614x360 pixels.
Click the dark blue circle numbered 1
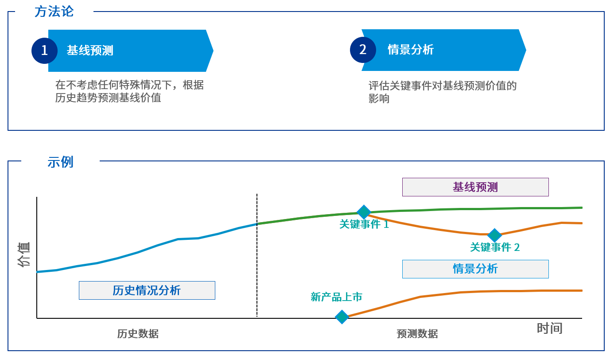click(x=44, y=51)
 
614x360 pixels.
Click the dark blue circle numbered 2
click(x=363, y=50)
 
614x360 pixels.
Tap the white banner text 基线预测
click(x=90, y=51)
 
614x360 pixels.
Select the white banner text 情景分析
click(x=411, y=50)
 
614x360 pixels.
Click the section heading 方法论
click(x=54, y=12)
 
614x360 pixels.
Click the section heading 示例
click(x=60, y=162)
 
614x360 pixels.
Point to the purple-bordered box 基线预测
click(x=475, y=187)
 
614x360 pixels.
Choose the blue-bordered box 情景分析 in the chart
click(x=475, y=269)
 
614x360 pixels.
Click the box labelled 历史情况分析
click(x=147, y=290)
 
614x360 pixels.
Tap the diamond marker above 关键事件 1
click(x=364, y=212)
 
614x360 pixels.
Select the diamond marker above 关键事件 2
click(x=494, y=235)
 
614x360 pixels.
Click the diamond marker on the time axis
click(x=342, y=317)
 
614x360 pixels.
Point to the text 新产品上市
click(x=336, y=297)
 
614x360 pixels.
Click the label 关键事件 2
click(x=495, y=247)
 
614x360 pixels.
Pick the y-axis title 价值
click(x=24, y=254)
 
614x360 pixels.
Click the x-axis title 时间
click(x=550, y=328)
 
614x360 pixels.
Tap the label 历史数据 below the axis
click(x=138, y=334)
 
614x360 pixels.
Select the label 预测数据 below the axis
click(x=417, y=334)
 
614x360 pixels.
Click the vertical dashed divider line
click(x=257, y=255)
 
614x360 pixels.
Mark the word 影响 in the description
click(x=379, y=98)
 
